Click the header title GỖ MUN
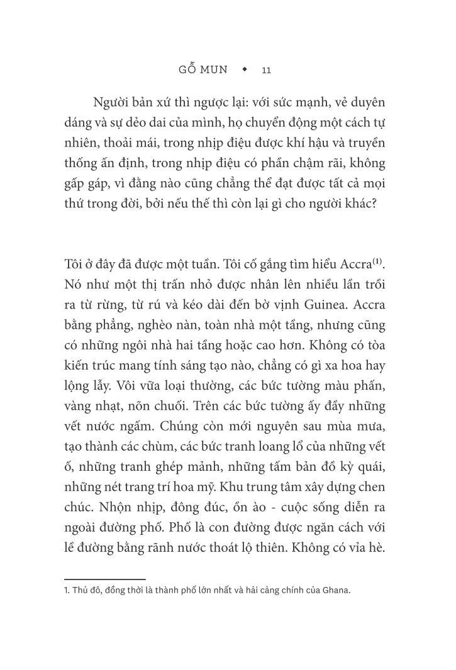coord(203,69)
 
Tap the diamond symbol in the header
coord(245,69)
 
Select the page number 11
coord(266,70)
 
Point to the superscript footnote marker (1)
coord(377,260)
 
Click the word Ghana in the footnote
coord(336,591)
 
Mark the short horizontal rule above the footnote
coord(105,579)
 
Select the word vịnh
coord(284,305)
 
